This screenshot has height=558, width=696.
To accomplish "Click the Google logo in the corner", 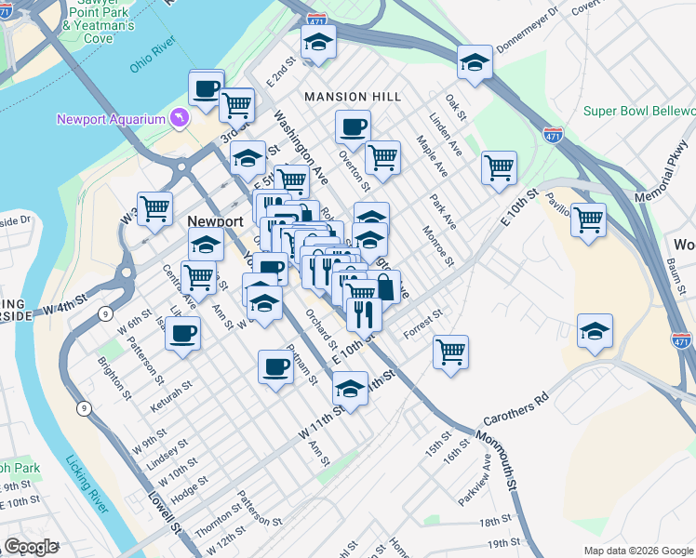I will coord(30,547).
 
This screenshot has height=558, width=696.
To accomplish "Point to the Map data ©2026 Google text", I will coord(638,551).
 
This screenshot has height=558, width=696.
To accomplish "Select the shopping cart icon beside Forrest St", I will coord(451,352).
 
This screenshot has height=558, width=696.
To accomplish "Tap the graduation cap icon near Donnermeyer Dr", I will coord(475,61).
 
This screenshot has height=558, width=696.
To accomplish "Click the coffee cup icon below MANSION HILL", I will coord(352,126).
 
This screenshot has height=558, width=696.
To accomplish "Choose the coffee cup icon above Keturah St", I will coord(183,333).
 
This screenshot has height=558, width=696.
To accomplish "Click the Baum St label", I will coord(673,272).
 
